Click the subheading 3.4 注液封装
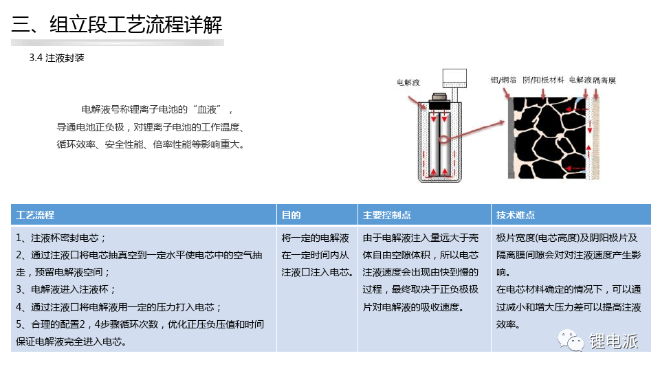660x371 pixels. tap(57, 58)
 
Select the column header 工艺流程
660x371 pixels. tap(35, 215)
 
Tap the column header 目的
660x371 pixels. tap(291, 215)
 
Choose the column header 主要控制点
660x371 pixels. tap(387, 215)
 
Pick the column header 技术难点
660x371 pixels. tap(516, 215)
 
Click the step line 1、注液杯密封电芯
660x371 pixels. tap(61, 238)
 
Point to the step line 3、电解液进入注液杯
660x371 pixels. tap(66, 290)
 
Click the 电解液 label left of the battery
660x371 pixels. tap(408, 82)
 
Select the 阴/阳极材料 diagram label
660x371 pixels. tap(543, 80)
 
